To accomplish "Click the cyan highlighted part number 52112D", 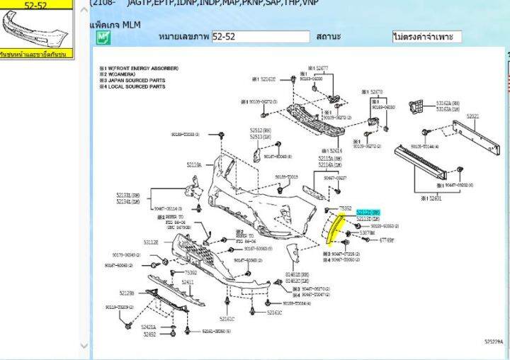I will [368, 213].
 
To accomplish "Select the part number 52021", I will [472, 116].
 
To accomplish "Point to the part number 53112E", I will [150, 242].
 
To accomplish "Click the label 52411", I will [187, 282].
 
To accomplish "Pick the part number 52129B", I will [127, 292].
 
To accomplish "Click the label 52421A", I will [149, 327].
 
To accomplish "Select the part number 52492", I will [149, 333].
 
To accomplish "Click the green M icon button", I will [103, 37].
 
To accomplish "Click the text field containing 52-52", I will [261, 37].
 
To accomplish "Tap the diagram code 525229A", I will [493, 341].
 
